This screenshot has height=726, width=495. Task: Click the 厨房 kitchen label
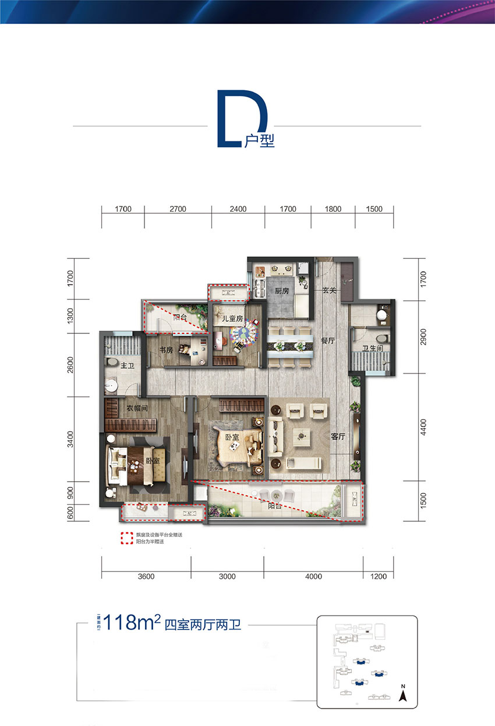tap(282, 291)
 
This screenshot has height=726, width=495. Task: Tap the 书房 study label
tap(166, 350)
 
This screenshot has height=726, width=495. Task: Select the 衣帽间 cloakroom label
tap(137, 409)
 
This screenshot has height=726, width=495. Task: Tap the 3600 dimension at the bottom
tap(146, 576)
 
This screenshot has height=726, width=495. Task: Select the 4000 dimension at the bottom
tap(313, 576)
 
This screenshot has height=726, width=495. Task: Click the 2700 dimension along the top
tap(178, 209)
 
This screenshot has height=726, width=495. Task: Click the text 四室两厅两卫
tap(203, 626)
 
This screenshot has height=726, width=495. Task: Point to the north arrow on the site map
tap(402, 692)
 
